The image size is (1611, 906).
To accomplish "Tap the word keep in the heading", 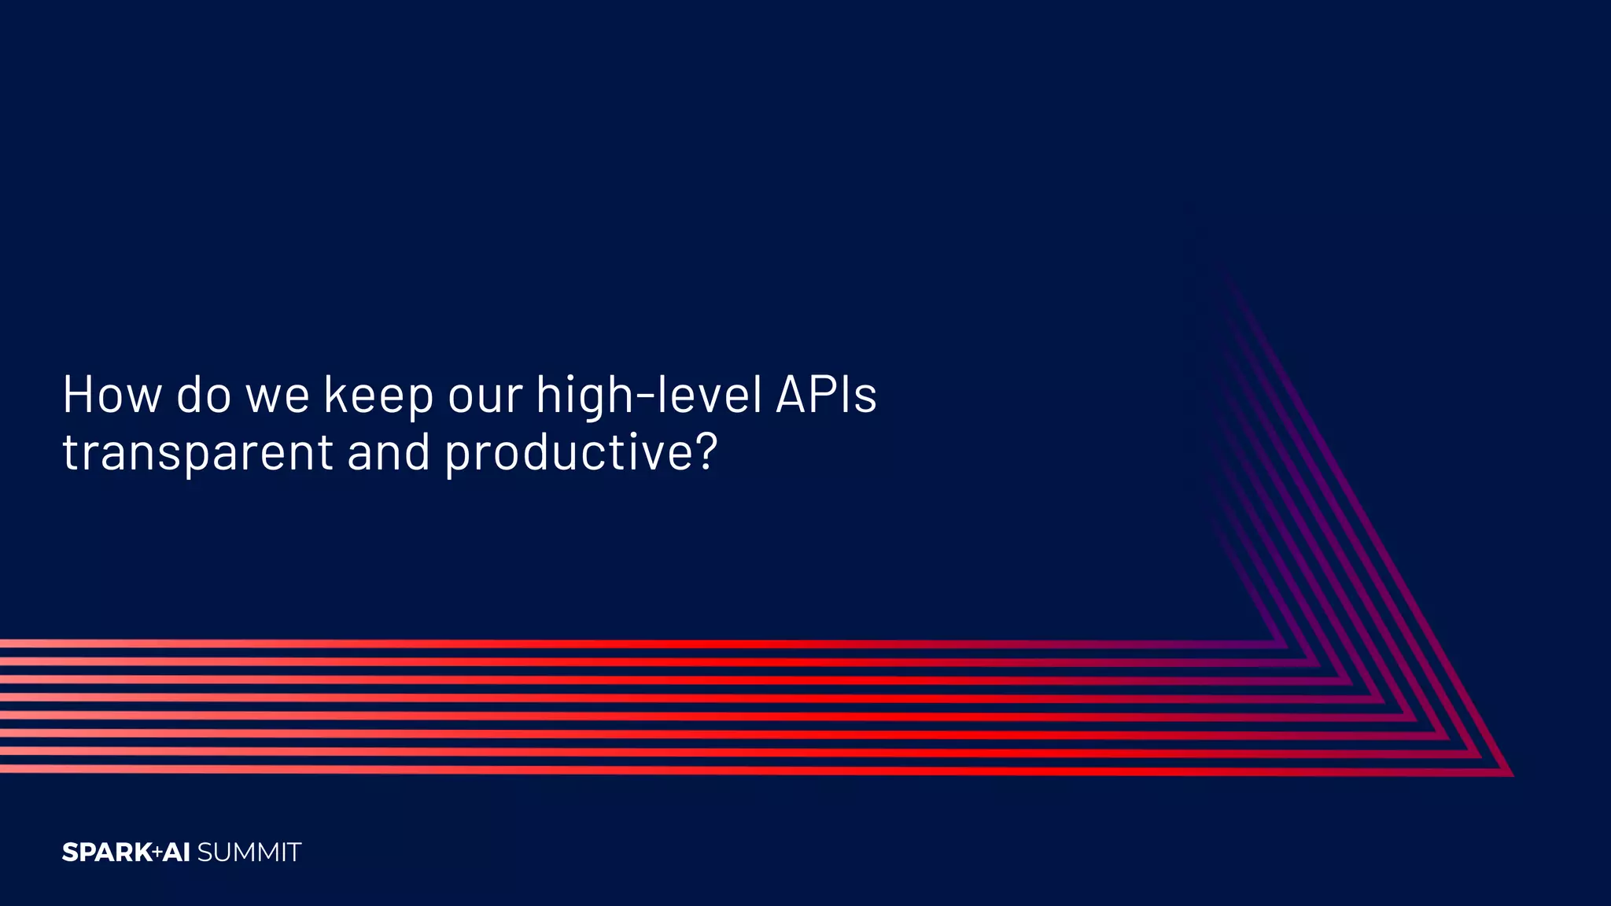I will click(378, 396).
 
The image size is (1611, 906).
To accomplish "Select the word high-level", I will click(649, 396).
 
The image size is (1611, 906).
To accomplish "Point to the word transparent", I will click(197, 454).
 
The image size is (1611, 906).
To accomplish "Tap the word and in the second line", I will click(389, 452).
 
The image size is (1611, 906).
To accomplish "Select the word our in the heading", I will click(485, 396).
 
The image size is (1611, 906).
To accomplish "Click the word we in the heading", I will click(278, 396).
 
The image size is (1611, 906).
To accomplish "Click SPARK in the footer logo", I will click(107, 853).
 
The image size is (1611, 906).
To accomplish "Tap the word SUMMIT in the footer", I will click(249, 853).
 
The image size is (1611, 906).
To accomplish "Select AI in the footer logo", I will click(177, 853).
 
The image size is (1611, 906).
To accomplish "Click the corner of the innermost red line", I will click(1284, 646).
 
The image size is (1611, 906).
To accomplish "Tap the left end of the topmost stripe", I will click(3, 643).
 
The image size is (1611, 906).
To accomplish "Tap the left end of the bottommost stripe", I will click(3, 768).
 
